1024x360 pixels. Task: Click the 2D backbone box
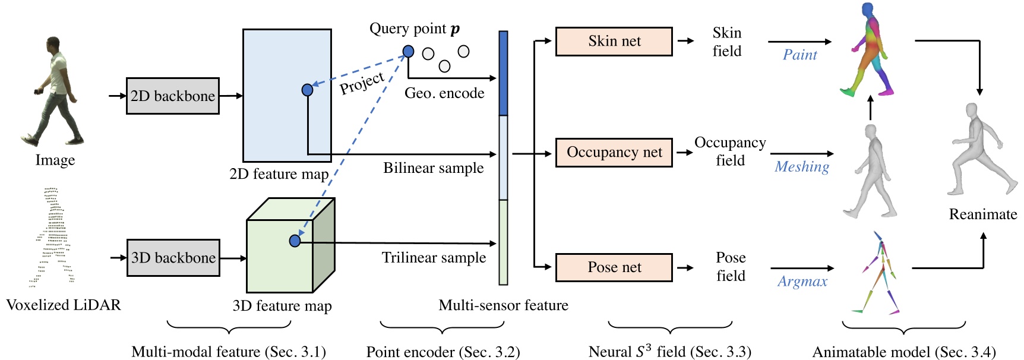tap(172, 96)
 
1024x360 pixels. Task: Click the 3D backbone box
tap(173, 258)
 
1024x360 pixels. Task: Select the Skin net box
tap(614, 41)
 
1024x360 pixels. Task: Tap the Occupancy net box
tap(614, 152)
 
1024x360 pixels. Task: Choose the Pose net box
tap(614, 267)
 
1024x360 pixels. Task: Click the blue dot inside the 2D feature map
tap(307, 90)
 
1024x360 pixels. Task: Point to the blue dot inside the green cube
tap(295, 241)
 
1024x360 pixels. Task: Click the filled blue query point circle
tap(408, 52)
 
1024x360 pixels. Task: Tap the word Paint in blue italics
tap(799, 55)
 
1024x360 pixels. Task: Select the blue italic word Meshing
tap(801, 167)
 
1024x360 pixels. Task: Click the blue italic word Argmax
tap(802, 282)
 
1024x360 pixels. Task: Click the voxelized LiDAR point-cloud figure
tap(52, 238)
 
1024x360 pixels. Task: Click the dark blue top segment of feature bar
tap(503, 72)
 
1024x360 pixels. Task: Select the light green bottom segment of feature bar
tap(503, 242)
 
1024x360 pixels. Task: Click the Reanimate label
tap(982, 214)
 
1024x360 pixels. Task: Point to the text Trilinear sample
tap(434, 258)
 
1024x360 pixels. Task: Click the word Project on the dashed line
tap(362, 83)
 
